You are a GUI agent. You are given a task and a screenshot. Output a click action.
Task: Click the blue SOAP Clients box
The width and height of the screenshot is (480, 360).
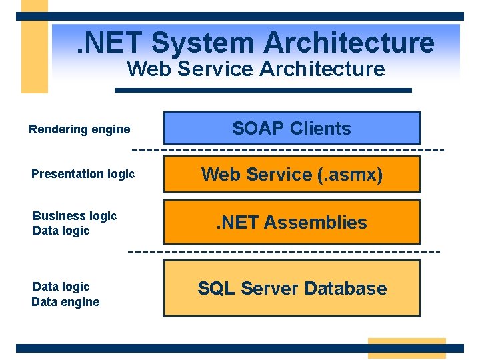point(292,128)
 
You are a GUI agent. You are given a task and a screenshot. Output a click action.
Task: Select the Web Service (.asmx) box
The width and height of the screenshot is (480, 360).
point(292,175)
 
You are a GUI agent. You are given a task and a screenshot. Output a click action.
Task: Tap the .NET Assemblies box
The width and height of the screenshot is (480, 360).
point(292,222)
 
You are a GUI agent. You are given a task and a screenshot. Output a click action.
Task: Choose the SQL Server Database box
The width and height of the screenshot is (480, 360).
point(292,288)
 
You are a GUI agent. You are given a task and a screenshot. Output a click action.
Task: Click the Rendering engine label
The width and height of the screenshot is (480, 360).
point(79,129)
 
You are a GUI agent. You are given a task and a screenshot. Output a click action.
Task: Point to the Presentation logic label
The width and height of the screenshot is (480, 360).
point(83,174)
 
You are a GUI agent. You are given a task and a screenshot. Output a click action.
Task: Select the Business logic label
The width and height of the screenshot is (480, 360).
point(75,216)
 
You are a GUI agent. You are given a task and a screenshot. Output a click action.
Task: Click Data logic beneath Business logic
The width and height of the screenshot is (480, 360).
point(61,231)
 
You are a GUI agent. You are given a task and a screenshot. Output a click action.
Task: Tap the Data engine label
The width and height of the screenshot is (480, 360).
point(65,302)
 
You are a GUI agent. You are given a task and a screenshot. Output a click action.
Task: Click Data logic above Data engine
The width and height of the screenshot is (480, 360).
point(61,287)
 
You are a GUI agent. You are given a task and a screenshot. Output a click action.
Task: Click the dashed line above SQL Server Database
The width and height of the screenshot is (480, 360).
point(283,252)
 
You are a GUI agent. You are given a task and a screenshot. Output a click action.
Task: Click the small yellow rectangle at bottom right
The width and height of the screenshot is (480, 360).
point(406,348)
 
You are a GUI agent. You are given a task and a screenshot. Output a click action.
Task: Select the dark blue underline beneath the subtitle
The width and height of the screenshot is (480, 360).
point(263,90)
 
